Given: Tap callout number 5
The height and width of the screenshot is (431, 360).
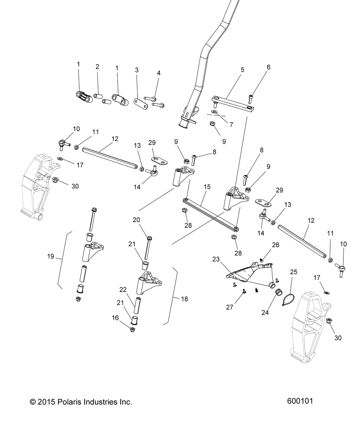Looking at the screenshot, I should click(242, 70).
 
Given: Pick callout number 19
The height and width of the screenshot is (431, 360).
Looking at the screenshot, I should click(50, 256).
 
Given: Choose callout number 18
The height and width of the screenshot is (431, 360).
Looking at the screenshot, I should click(185, 299).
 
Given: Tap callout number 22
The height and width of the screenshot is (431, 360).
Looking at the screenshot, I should click(123, 289).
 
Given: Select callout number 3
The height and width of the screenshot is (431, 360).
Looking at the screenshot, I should click(136, 70).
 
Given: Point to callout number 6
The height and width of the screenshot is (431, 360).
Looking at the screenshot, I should click(268, 67).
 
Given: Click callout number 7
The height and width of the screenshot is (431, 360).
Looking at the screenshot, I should click(231, 125).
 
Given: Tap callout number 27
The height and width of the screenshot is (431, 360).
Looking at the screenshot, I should click(229, 307).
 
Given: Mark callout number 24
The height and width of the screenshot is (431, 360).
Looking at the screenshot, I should click(265, 313).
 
